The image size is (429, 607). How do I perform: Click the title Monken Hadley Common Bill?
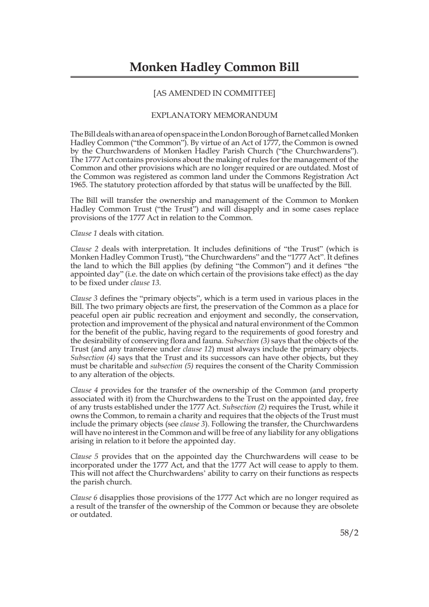(x=214, y=67)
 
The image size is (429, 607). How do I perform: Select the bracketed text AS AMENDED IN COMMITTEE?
(x=214, y=93)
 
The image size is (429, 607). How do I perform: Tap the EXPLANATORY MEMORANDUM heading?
(x=214, y=115)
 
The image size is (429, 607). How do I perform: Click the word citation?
(x=149, y=234)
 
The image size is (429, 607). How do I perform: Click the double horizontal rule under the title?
(x=214, y=77)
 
